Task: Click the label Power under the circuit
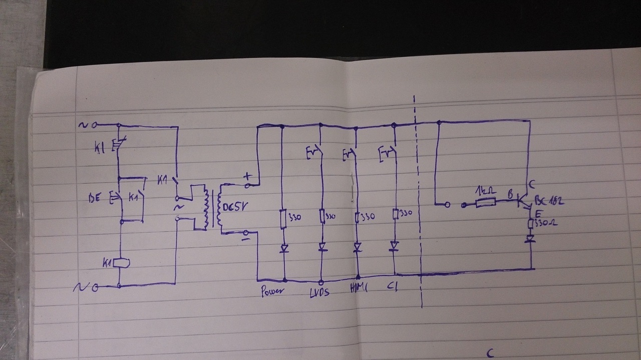273,291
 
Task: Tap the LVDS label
319,292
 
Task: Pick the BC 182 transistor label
549,201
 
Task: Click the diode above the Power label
284,247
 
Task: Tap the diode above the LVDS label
322,247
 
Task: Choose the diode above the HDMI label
358,247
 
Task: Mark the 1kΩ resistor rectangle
485,203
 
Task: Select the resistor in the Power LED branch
283,218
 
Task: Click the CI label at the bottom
393,288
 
